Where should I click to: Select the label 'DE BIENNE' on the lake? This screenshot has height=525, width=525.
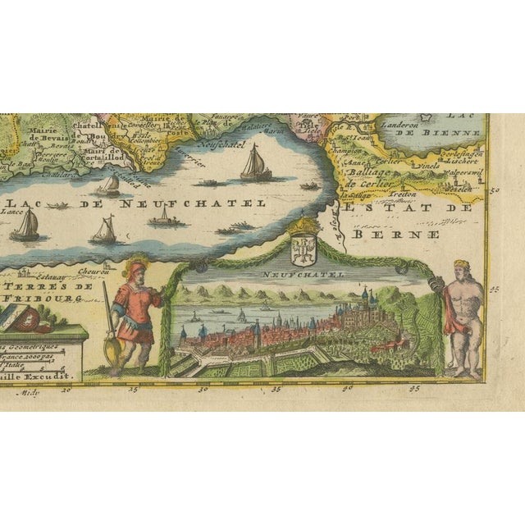click(448, 131)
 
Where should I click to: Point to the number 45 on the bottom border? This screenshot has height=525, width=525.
click(415, 390)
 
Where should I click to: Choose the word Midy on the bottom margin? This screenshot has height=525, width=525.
click(32, 392)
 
